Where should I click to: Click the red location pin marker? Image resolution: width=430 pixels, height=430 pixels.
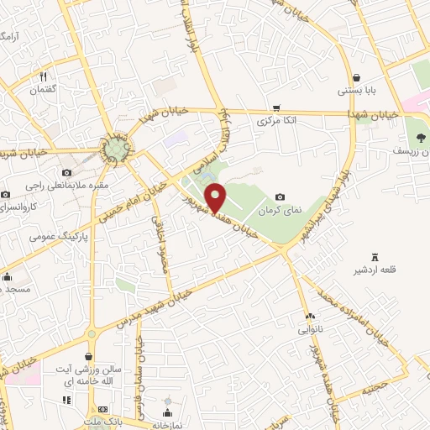[x=216, y=197]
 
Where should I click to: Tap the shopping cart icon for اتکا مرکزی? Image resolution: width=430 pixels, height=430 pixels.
[x=276, y=107]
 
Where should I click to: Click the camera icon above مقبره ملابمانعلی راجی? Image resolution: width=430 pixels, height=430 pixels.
[x=42, y=172]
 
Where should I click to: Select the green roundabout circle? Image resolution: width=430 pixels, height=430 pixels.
[x=114, y=149]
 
